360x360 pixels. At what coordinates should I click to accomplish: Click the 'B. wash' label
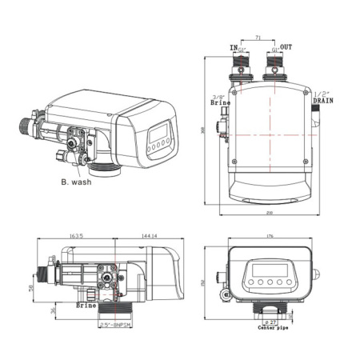tap(76, 182)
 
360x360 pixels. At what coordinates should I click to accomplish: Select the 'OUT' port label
tap(286, 48)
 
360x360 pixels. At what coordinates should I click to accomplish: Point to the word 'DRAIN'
tap(322, 102)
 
